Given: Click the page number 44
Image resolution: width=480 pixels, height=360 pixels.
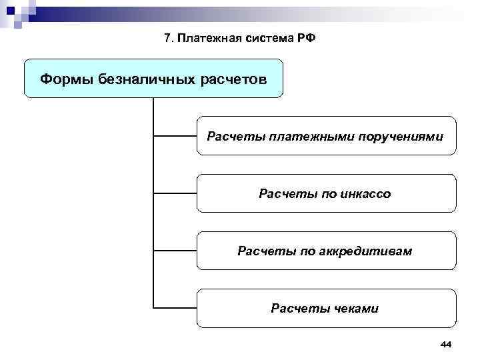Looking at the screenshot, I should coord(446,343).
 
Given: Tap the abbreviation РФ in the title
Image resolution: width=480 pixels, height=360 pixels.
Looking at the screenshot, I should coord(307,37).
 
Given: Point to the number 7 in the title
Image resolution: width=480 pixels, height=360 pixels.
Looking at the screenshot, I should coord(167,37).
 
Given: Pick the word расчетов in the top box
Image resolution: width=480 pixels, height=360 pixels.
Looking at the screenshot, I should coord(232,79).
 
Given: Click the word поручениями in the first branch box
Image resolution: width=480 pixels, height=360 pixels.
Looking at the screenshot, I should coord(401,137).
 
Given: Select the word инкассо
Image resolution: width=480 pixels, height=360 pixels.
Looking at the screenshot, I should coord(365,194).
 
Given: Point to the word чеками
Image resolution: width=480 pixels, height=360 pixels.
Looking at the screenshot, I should coord(354,309).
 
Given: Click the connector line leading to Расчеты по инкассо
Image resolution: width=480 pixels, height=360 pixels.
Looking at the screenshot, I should coord(175,194).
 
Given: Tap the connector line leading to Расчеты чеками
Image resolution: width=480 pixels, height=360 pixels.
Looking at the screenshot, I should coord(175,308).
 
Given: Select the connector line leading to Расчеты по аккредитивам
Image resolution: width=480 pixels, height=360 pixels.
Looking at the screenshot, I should coord(175,251).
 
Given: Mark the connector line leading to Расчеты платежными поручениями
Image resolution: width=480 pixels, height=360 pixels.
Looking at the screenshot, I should coord(175,137).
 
